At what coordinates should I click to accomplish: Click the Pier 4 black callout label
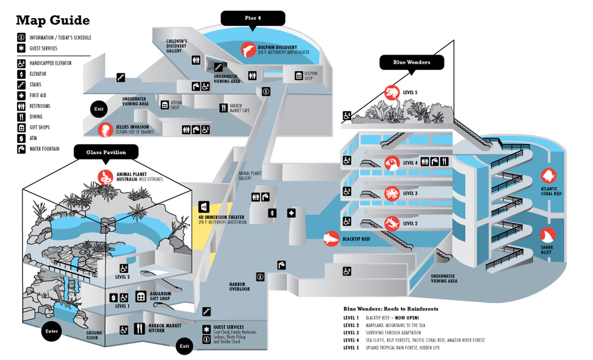253,18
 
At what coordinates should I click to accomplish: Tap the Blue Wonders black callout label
412,62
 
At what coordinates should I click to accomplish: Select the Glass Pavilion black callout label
106,152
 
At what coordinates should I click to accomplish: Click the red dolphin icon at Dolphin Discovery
248,50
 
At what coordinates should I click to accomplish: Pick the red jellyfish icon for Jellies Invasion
105,130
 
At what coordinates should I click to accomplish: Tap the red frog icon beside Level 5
392,93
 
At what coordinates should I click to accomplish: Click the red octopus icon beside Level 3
392,194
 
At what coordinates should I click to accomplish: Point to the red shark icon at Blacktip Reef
331,239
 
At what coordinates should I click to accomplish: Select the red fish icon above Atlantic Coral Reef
548,176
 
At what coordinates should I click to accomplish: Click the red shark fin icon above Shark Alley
548,236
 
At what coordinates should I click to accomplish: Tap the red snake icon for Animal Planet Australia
105,177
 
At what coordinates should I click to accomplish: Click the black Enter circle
51,331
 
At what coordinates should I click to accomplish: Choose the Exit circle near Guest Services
184,346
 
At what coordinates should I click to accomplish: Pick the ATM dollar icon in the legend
21,138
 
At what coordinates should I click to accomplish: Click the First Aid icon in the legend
21,95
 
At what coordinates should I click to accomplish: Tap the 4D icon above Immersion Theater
204,207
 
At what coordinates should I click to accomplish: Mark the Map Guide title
53,21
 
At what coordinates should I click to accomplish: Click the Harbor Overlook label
239,287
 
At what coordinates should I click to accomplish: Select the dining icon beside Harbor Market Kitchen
139,328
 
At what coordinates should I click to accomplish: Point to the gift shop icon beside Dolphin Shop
298,76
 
